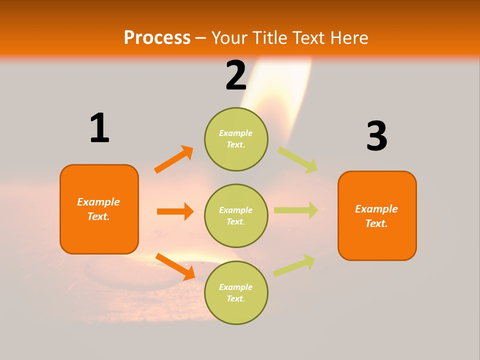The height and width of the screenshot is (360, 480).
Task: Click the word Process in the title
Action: click(157, 37)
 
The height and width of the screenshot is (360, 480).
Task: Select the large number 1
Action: click(99, 128)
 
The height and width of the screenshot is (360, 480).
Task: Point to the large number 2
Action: click(236, 75)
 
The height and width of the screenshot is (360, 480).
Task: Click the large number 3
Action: click(376, 136)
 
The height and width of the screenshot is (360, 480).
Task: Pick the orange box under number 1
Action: click(99, 209)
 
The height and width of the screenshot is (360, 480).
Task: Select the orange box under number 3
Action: click(377, 216)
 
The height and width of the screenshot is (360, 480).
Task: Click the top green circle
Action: click(236, 139)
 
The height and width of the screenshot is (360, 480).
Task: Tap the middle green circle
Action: click(236, 215)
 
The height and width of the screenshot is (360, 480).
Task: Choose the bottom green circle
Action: click(236, 292)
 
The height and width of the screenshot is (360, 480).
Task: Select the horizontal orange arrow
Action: click(175, 211)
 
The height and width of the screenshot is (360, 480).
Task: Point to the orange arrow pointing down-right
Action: click(175, 266)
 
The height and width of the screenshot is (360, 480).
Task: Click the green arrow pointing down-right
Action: click(297, 159)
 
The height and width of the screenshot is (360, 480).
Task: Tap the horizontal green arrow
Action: click(296, 210)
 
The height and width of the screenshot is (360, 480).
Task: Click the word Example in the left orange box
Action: click(98, 202)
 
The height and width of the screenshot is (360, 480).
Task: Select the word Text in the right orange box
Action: click(376, 223)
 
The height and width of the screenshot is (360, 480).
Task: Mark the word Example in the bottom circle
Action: click(236, 287)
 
